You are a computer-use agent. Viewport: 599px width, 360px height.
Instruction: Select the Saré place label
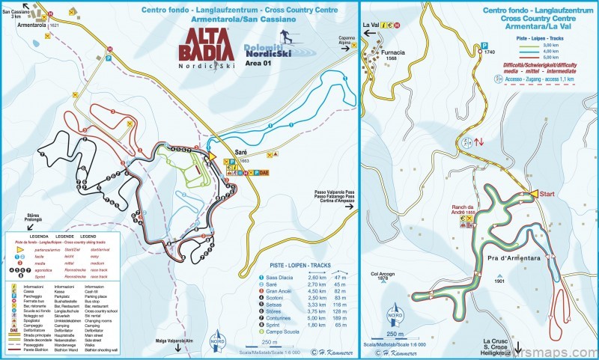[241, 150]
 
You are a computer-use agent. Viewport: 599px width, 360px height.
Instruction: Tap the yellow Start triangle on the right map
[533, 195]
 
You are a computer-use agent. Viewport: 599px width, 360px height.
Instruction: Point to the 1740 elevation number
[490, 52]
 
